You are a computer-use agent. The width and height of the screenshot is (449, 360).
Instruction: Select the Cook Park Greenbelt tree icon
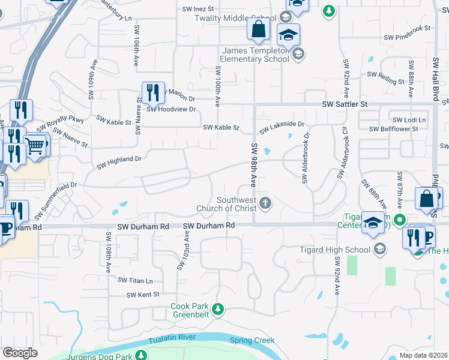pyautogui.click(x=218, y=310)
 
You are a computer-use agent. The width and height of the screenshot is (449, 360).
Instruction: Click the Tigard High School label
pyautogui.click(x=335, y=250)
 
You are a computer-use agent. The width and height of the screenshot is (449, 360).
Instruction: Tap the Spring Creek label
pyautogui.click(x=252, y=340)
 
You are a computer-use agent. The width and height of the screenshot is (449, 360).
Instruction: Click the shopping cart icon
pyautogui.click(x=36, y=145)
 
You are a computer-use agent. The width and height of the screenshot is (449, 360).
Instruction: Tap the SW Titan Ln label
pyautogui.click(x=135, y=280)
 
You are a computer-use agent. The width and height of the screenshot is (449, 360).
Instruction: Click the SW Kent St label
pyautogui.click(x=143, y=295)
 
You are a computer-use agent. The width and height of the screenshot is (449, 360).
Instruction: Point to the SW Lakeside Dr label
pyautogui.click(x=282, y=127)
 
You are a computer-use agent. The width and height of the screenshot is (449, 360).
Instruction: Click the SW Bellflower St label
pyautogui.click(x=393, y=129)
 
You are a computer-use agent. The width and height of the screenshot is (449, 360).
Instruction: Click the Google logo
pyautogui.click(x=20, y=353)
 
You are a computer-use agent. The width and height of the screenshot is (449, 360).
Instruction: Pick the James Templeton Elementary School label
pyautogui.click(x=255, y=55)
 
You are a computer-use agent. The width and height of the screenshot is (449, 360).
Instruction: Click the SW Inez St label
pyautogui.click(x=198, y=9)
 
